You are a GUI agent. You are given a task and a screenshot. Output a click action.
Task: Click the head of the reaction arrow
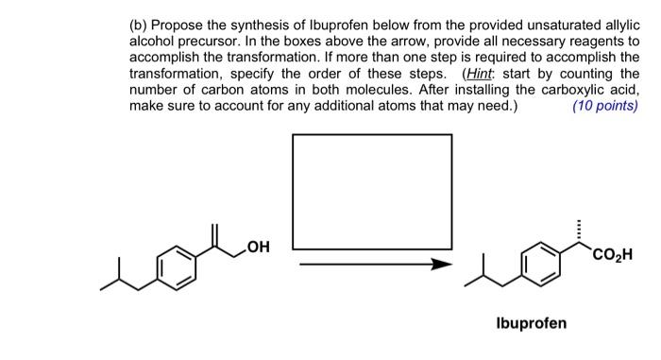437,265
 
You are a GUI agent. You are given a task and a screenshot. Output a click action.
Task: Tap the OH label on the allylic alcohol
257,248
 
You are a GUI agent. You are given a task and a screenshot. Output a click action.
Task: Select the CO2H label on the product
613,254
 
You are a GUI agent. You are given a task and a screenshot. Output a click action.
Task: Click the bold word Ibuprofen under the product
532,323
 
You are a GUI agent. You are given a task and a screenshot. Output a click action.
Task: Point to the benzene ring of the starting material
177,266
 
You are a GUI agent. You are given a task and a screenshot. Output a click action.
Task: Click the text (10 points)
604,105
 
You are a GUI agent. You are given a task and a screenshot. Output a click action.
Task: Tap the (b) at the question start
139,13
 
